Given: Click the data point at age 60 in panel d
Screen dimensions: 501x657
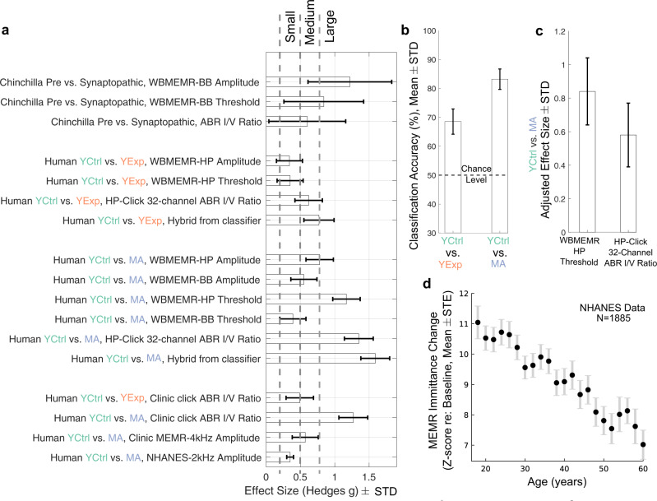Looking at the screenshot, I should coord(642,445).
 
